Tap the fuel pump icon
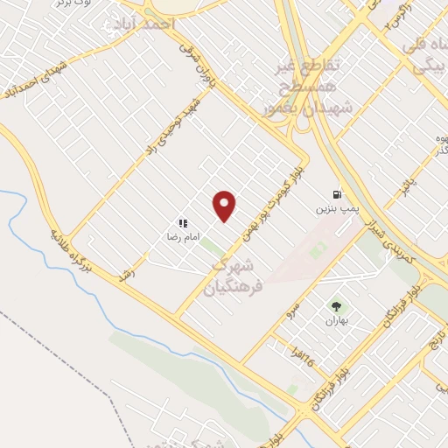(x=336, y=195)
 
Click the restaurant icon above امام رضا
(x=183, y=223)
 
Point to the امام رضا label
(x=184, y=237)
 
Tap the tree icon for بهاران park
(x=336, y=305)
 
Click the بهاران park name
(x=336, y=321)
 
